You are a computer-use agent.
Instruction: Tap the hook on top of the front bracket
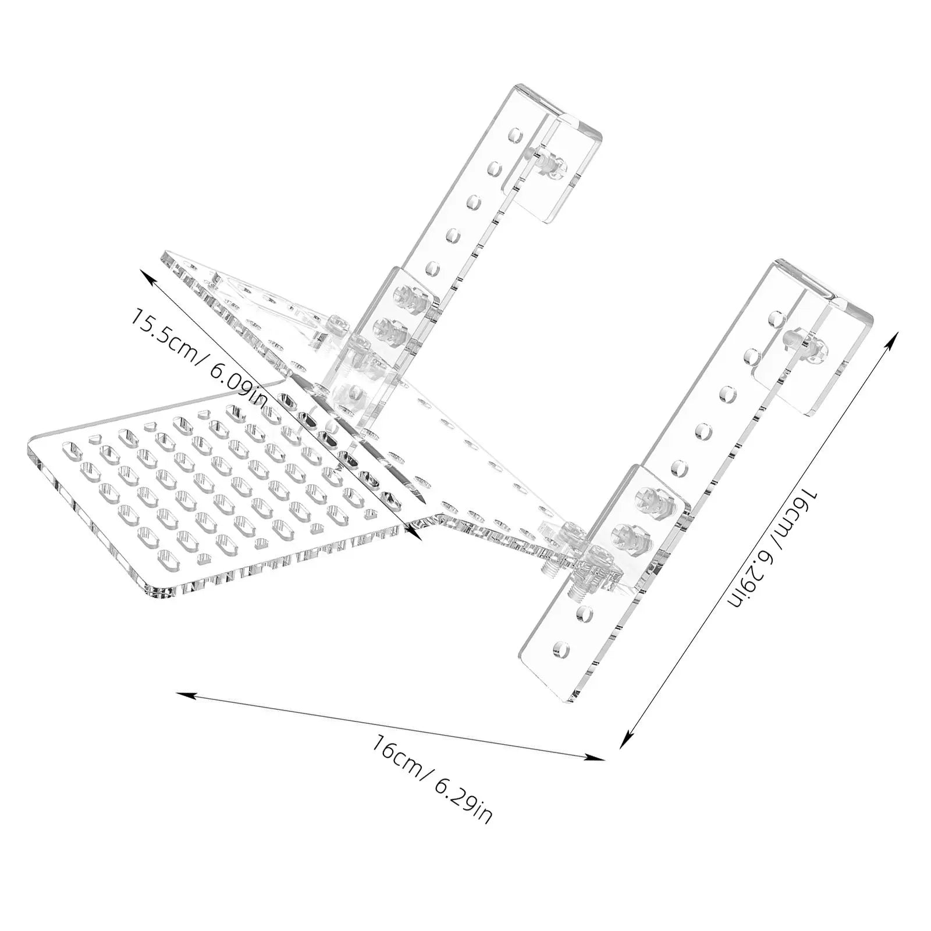[826, 326]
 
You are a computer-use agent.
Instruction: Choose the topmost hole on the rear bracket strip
[514, 136]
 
